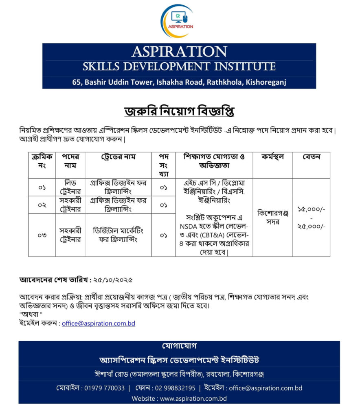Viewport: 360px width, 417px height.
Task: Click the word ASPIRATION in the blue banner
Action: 179,52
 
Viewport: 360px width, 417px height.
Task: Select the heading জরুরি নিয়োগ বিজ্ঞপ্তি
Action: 179,111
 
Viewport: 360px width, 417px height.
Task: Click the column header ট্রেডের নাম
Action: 118,156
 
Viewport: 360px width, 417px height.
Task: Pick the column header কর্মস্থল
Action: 273,156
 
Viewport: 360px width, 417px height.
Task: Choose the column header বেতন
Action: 312,156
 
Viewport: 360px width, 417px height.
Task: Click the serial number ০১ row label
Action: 42,187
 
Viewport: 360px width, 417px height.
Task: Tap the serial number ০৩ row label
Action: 42,235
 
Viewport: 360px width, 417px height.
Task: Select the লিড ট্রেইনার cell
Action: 70,187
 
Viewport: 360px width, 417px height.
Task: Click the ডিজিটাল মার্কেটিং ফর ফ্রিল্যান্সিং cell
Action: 118,235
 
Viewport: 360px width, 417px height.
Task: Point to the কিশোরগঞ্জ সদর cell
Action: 273,217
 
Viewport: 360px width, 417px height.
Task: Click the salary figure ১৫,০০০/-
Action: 312,209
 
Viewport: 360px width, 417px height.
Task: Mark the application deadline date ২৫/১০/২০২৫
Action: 113,280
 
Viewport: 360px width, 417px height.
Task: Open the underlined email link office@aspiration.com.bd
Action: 99,323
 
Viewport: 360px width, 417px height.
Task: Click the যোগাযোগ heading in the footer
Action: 179,346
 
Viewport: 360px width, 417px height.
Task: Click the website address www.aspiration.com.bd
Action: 193,399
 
